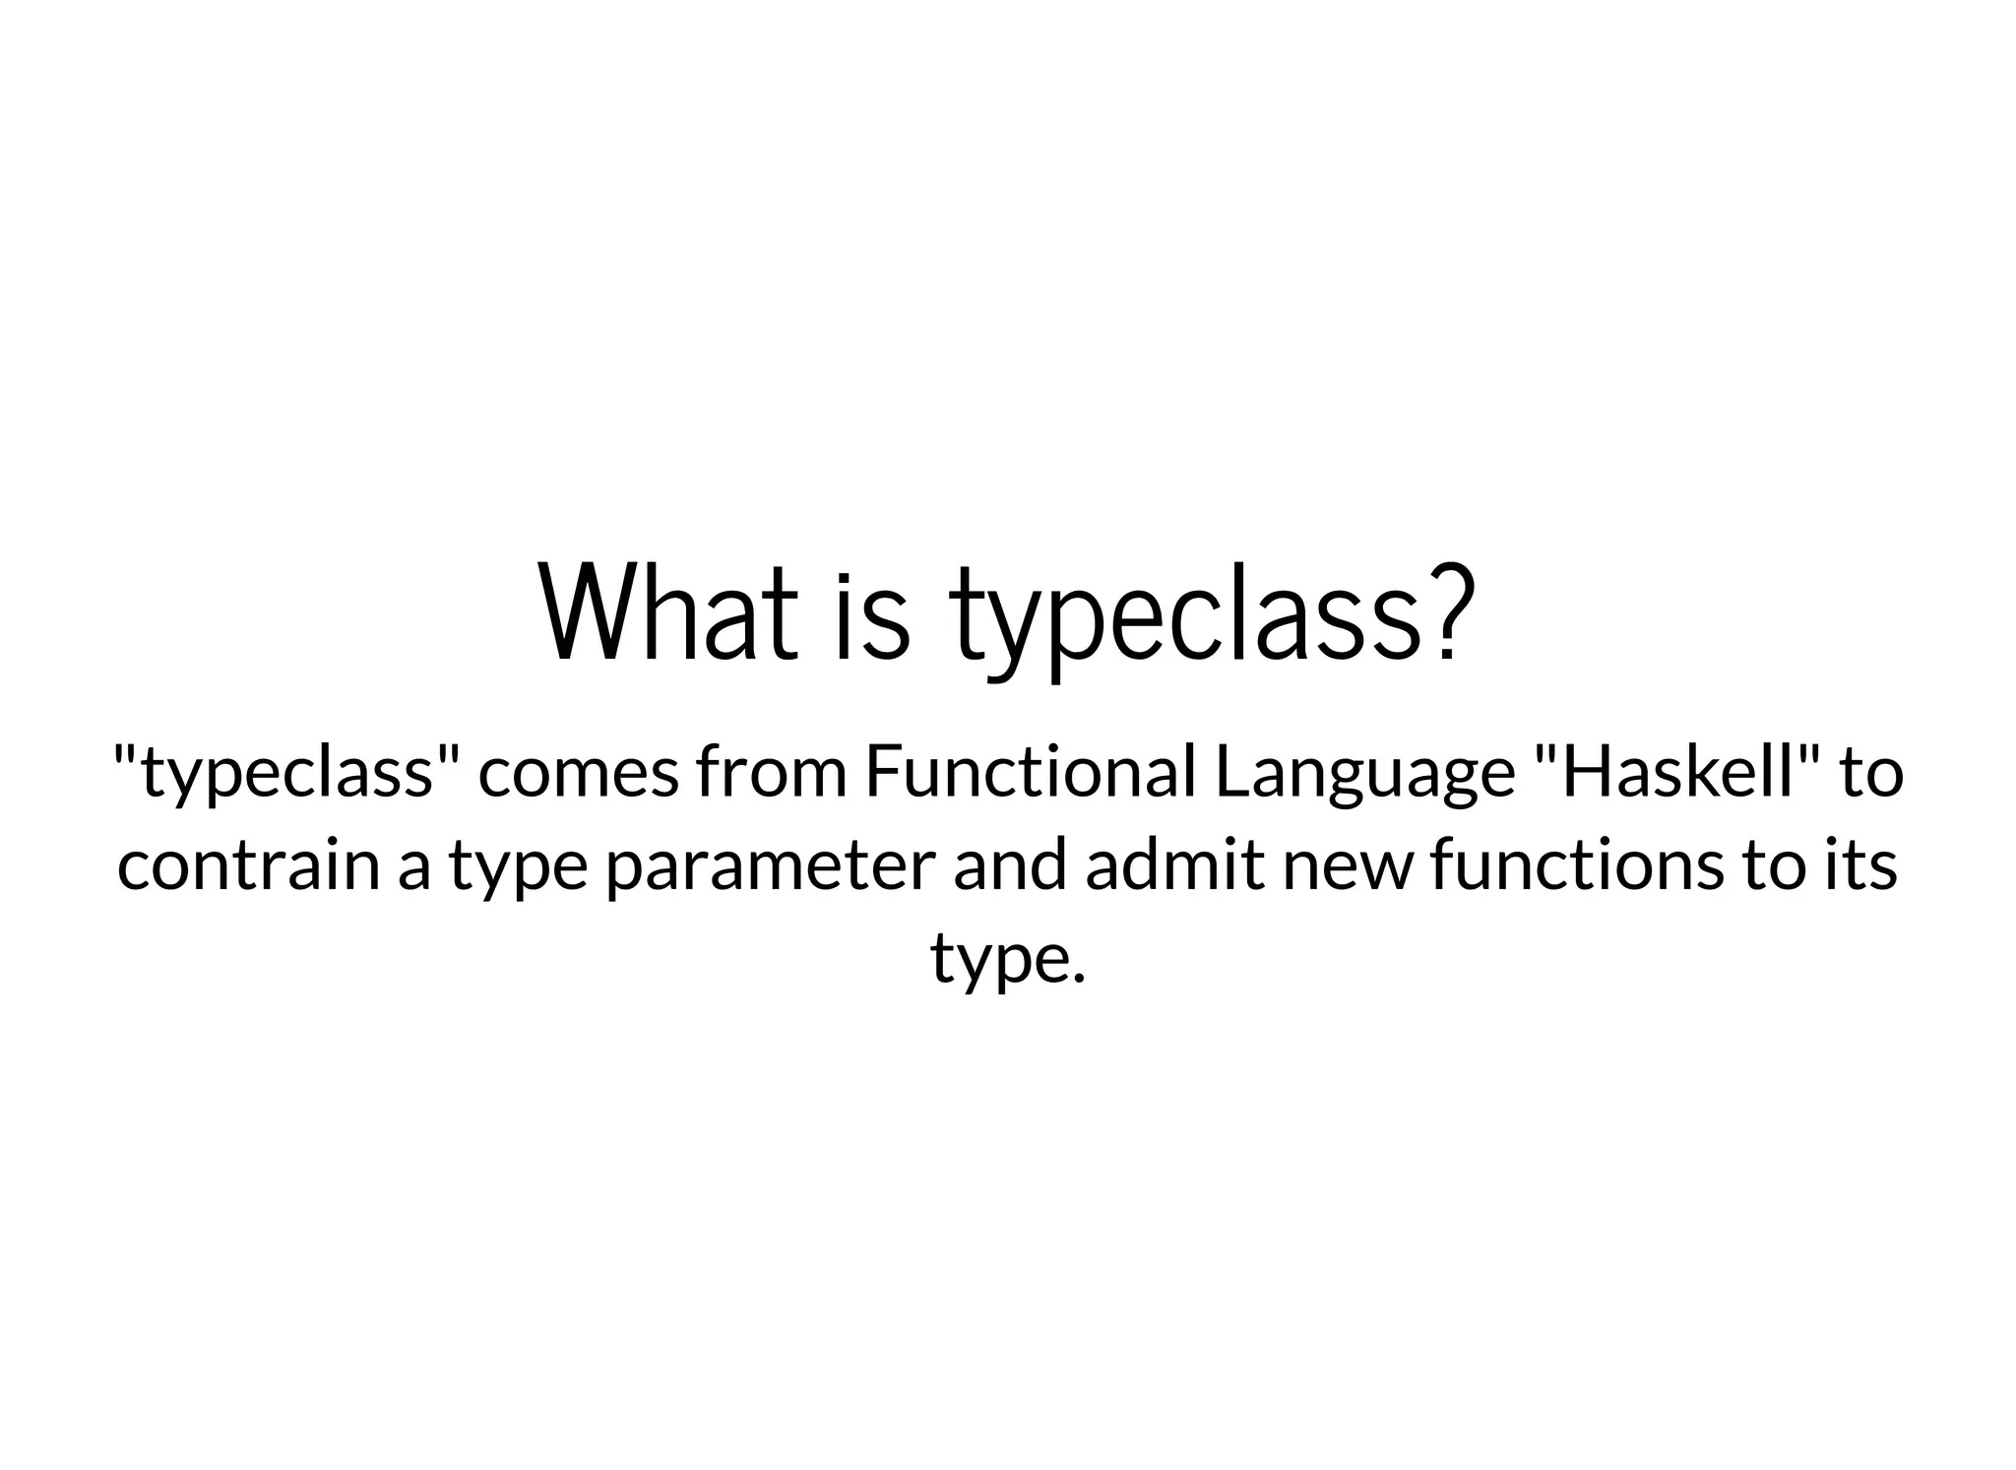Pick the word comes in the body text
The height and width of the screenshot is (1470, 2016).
pos(579,773)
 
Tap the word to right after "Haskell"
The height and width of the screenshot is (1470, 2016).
pos(1871,773)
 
